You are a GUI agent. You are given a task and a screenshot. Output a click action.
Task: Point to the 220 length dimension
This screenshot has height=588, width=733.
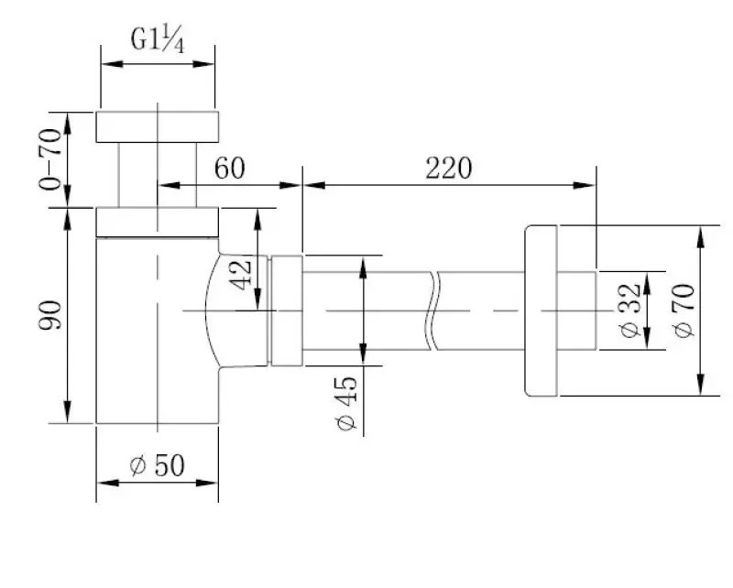[x=447, y=169]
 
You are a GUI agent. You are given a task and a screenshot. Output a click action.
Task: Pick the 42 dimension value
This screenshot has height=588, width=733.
[x=242, y=272]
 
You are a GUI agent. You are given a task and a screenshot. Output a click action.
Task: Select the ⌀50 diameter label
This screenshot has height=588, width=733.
[x=158, y=465]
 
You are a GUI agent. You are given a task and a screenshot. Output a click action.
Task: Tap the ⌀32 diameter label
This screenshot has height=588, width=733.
[x=629, y=310]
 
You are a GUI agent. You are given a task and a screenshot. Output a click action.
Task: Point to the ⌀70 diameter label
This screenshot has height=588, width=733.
[x=682, y=310]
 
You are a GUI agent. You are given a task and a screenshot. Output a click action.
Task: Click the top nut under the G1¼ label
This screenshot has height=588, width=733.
[x=158, y=126]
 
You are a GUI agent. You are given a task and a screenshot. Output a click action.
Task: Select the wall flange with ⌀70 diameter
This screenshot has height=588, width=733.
[x=541, y=311]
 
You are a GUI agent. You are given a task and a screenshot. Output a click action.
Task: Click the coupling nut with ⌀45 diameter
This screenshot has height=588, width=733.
[x=286, y=311]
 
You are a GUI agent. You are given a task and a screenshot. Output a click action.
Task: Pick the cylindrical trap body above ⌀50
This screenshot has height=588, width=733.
[x=158, y=330]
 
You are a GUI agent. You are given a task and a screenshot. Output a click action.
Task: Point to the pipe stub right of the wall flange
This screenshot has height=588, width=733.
[x=577, y=311]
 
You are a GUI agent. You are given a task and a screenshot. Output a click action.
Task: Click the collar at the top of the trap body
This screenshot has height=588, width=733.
[x=158, y=222]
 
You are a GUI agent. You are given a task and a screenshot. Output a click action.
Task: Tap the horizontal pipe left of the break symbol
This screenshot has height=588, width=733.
[x=366, y=311]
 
